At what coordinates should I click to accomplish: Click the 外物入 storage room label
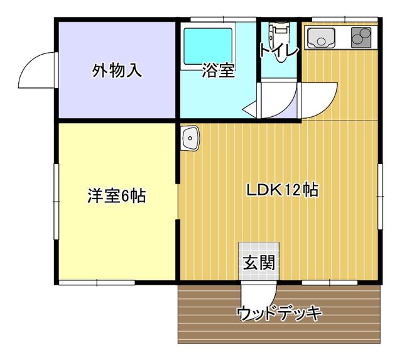tap(117, 70)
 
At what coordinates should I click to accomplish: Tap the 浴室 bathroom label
tap(219, 70)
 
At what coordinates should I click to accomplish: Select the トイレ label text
tap(279, 50)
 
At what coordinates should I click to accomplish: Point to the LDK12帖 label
tap(282, 190)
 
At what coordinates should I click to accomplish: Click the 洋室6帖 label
tap(117, 196)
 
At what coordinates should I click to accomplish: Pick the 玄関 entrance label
tap(259, 263)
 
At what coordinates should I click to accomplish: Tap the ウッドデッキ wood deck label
tap(279, 313)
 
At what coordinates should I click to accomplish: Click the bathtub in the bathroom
tap(208, 46)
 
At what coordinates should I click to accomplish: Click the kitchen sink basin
tap(321, 38)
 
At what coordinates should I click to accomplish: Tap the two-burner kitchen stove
tap(361, 38)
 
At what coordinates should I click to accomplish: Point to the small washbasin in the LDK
tap(190, 138)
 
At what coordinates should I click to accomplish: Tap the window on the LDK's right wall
tap(380, 197)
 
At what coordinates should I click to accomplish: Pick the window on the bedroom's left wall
tap(56, 202)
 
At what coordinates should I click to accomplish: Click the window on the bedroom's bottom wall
tap(97, 283)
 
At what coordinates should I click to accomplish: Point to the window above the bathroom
tap(224, 19)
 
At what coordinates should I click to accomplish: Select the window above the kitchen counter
tap(345, 19)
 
